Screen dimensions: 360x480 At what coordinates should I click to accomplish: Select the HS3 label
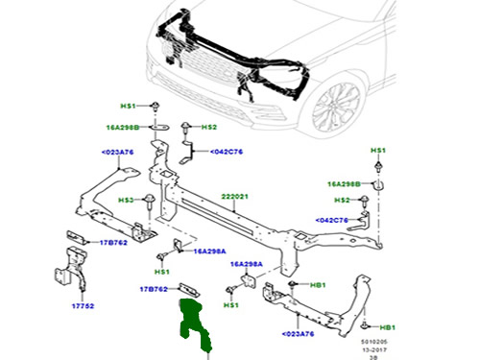[126, 200]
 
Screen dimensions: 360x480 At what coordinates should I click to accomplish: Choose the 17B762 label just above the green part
[154, 287]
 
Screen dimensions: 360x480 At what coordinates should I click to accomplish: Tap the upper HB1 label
[315, 285]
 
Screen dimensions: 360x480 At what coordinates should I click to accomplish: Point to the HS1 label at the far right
[378, 151]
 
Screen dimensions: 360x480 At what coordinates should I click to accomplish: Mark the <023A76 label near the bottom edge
[298, 335]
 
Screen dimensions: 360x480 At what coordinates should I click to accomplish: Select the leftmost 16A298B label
[123, 126]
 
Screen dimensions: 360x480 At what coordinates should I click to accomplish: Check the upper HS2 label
[209, 127]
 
